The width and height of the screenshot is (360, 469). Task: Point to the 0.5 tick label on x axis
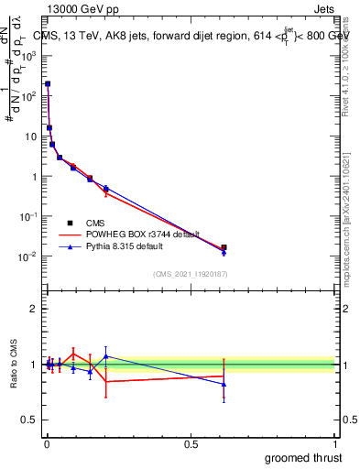click(191, 443)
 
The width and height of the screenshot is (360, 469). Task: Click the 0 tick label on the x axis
click(47, 443)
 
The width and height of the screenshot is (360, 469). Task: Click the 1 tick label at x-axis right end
click(336, 443)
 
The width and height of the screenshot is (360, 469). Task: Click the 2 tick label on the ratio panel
click(34, 309)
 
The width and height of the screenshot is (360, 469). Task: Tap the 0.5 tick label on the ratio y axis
click(29, 420)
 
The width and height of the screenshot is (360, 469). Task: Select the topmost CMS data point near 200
click(48, 83)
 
